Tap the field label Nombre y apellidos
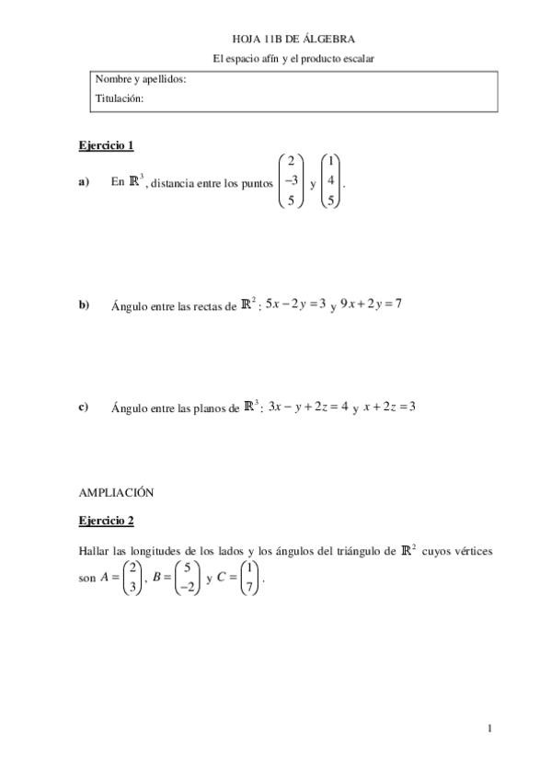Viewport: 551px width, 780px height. tap(141, 79)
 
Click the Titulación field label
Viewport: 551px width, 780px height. tap(120, 98)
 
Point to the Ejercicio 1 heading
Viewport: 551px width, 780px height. tap(107, 145)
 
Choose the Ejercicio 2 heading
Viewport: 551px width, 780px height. tap(107, 521)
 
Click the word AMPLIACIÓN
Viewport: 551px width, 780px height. tap(116, 492)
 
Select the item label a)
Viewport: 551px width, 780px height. tap(85, 182)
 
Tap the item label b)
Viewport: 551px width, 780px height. tap(85, 305)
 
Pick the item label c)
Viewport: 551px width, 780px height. tap(84, 407)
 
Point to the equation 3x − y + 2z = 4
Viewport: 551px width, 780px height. tap(308, 406)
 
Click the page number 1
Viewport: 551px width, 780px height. tap(491, 729)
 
